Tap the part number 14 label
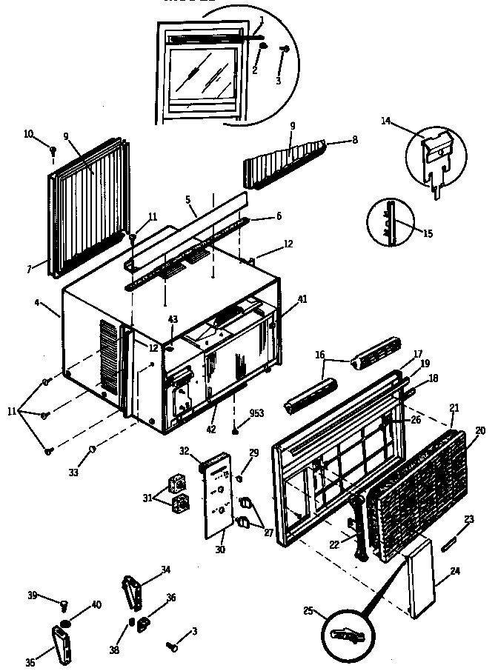click(x=385, y=120)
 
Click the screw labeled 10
click(x=53, y=150)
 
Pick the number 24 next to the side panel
click(x=454, y=570)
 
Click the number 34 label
click(x=165, y=570)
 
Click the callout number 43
click(x=173, y=319)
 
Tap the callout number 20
click(x=479, y=431)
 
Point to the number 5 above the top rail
click(x=188, y=199)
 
